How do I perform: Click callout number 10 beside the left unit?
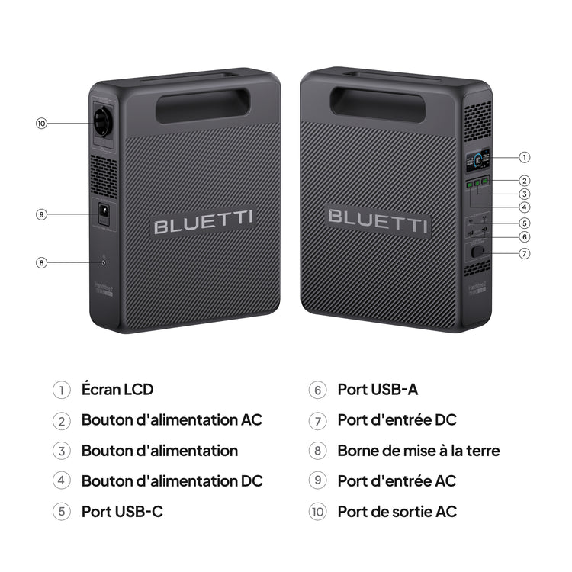(41, 123)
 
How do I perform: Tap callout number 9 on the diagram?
(41, 214)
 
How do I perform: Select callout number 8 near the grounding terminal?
(41, 262)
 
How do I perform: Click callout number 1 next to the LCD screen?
(524, 157)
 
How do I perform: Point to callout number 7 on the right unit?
(524, 252)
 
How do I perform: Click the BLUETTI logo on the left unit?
(204, 226)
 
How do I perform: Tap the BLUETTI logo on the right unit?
(378, 217)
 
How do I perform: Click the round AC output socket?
(102, 122)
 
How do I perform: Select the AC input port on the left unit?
(101, 214)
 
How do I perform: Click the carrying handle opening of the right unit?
(378, 104)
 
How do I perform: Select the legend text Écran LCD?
(117, 389)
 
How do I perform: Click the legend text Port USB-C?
(122, 511)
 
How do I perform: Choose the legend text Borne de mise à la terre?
(419, 450)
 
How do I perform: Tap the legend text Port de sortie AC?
(397, 511)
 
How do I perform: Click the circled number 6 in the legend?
(318, 390)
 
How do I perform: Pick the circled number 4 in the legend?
(62, 481)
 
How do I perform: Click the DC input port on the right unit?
(478, 252)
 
